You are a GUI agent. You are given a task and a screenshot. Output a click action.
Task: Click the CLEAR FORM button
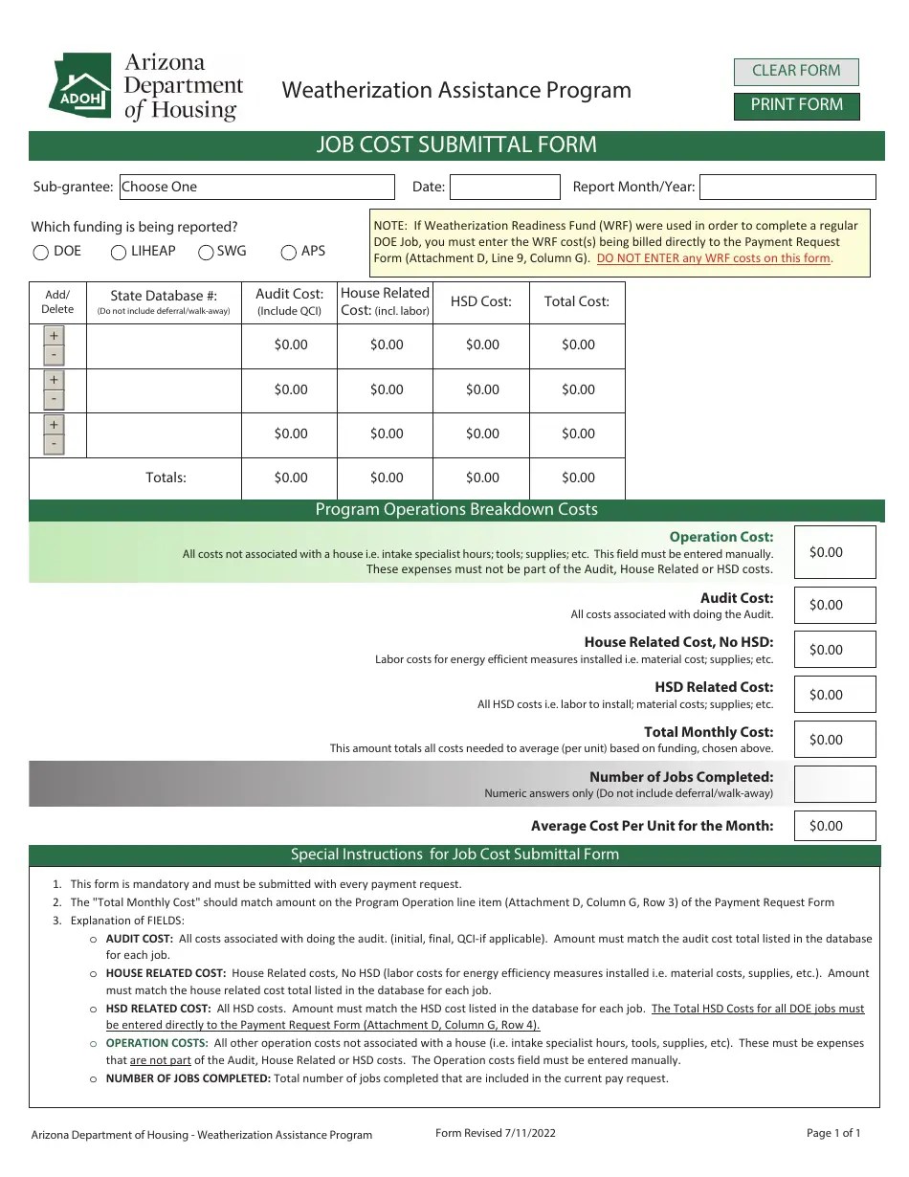click(x=796, y=71)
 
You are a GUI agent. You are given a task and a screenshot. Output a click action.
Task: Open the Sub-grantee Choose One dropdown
click(x=256, y=187)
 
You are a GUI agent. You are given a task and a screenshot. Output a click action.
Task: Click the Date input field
click(x=504, y=187)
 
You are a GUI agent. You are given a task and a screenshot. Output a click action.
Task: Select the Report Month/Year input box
click(x=787, y=187)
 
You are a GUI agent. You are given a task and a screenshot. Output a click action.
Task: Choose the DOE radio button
click(x=41, y=253)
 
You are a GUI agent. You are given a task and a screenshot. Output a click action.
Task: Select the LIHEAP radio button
click(x=119, y=253)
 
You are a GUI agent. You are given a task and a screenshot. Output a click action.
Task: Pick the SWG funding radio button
click(x=206, y=253)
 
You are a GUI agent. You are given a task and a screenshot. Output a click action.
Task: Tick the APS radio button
click(x=289, y=253)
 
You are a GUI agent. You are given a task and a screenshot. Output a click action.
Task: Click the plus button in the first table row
click(x=55, y=336)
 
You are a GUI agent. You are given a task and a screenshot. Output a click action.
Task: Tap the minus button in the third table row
click(x=55, y=444)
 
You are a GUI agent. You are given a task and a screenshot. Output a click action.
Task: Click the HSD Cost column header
click(x=481, y=301)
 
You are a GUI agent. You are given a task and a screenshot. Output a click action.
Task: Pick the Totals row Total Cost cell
click(x=578, y=477)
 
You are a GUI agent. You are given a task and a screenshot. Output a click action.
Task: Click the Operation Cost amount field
click(x=834, y=552)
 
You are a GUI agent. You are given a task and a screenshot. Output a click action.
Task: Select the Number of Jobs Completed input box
click(x=834, y=784)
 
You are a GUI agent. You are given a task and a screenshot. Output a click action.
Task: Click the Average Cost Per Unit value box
click(x=834, y=826)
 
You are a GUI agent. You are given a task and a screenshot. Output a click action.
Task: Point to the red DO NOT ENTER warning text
click(x=714, y=258)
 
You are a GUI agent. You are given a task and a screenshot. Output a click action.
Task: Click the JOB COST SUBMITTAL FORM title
click(x=456, y=145)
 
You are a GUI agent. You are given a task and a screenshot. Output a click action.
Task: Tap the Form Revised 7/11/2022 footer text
click(x=495, y=1133)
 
